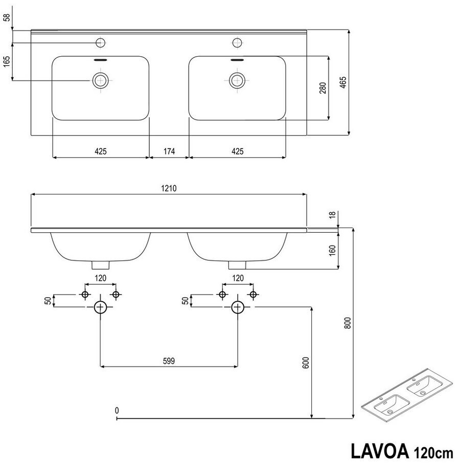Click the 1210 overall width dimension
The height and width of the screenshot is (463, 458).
(x=169, y=188)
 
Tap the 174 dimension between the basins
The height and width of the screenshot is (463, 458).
(x=169, y=152)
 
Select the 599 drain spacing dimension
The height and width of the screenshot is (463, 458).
(x=169, y=361)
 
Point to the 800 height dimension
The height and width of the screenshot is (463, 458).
(x=348, y=323)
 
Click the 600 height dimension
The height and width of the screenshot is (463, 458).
(x=306, y=362)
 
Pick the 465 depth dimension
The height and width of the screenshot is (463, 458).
(x=343, y=83)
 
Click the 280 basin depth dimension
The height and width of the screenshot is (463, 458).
(x=323, y=88)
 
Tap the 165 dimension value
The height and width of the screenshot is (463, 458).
(x=7, y=61)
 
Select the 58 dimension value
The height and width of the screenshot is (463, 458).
(x=7, y=17)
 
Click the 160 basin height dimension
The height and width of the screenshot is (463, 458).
(x=332, y=251)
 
